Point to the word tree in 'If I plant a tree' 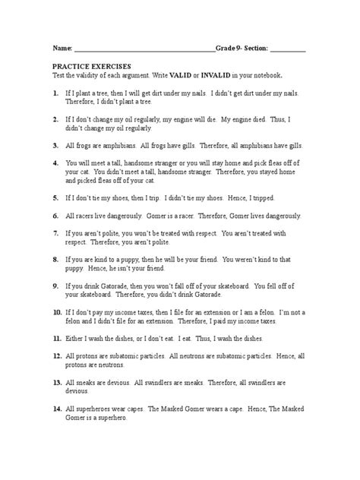[114, 92]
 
